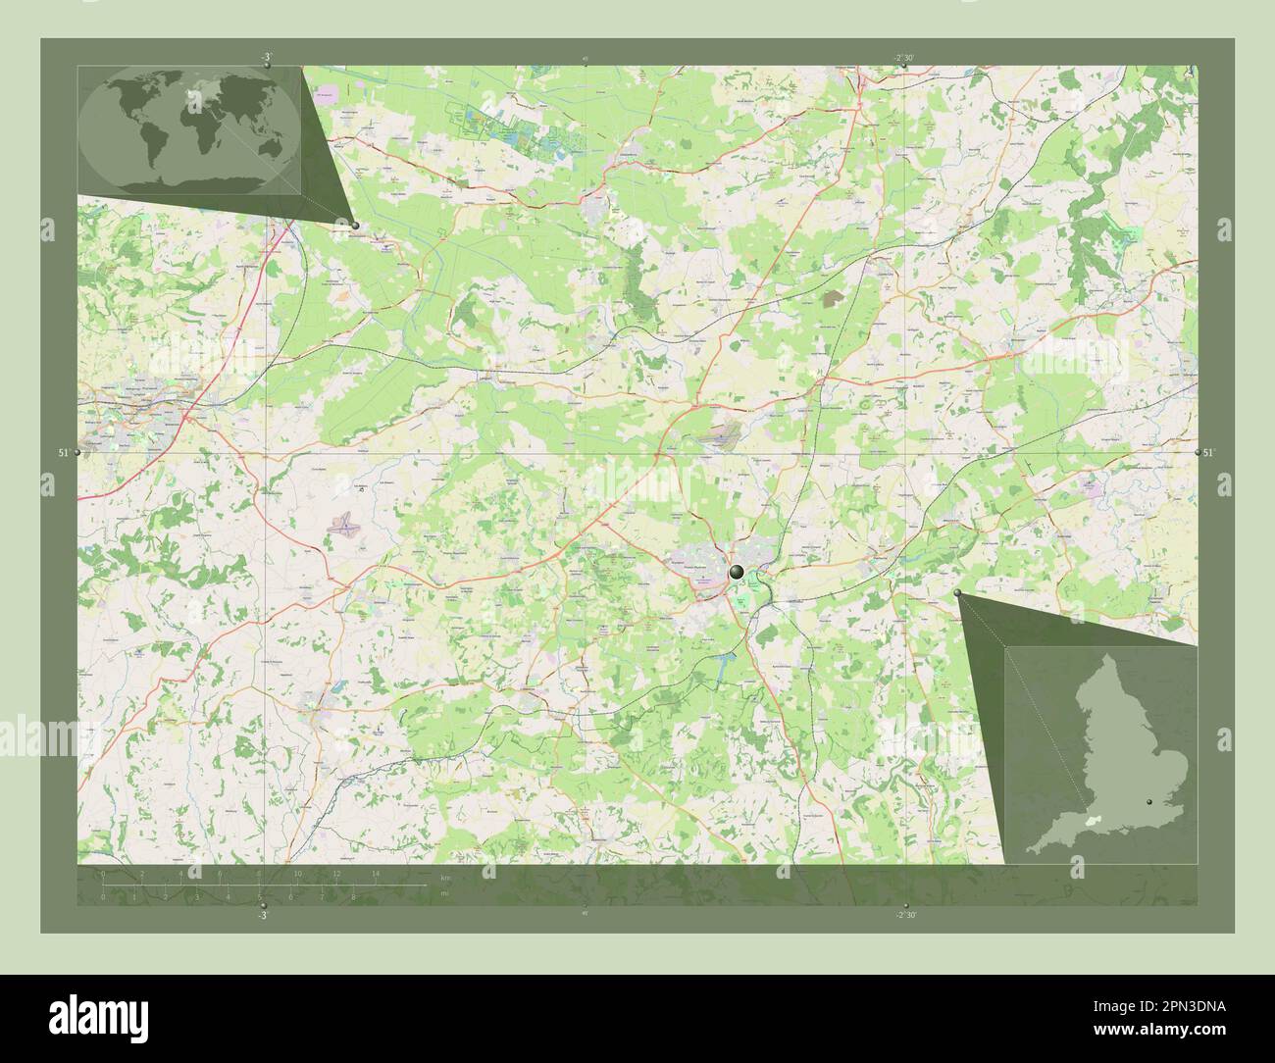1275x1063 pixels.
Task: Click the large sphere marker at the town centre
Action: coord(737,571)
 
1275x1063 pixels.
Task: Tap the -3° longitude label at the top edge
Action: coord(266,58)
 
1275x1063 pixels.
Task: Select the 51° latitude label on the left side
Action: coord(63,452)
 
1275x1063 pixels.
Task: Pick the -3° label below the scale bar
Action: coord(262,914)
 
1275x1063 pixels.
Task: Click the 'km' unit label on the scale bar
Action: coord(446,877)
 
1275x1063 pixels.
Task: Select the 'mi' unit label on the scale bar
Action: coord(444,893)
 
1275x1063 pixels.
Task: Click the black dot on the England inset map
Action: coord(1150,801)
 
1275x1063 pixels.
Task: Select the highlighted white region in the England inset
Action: coord(1090,817)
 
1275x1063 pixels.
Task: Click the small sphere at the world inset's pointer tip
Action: coord(355,225)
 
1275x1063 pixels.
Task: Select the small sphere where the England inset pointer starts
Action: coord(957,592)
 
